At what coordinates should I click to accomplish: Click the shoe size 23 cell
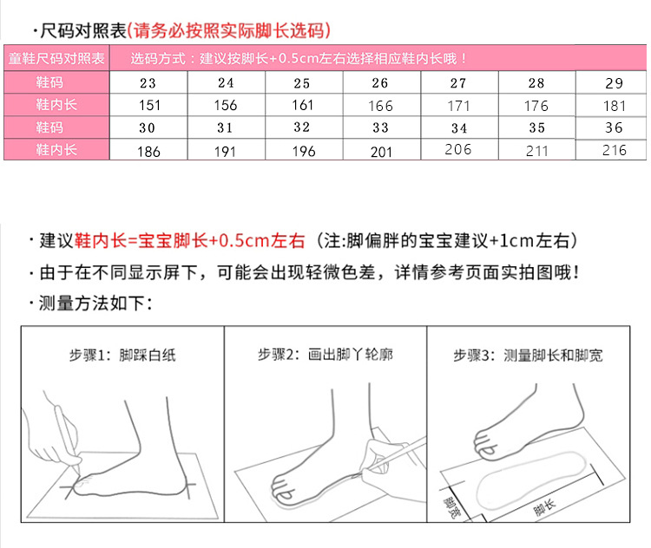pyautogui.click(x=148, y=83)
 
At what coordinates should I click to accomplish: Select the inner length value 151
pyautogui.click(x=148, y=106)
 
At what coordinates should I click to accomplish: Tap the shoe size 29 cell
pyautogui.click(x=614, y=84)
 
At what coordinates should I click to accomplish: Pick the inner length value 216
pyautogui.click(x=614, y=150)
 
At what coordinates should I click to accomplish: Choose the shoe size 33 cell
pyautogui.click(x=380, y=127)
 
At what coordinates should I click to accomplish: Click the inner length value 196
pyautogui.click(x=303, y=150)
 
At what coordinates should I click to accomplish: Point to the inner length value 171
pyautogui.click(x=458, y=106)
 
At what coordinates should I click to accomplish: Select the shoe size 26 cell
pyautogui.click(x=380, y=83)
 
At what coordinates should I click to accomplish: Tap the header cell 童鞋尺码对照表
pyautogui.click(x=56, y=59)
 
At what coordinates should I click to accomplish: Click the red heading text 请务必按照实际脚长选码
pyautogui.click(x=229, y=31)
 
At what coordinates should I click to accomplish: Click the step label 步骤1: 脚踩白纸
pyautogui.click(x=122, y=355)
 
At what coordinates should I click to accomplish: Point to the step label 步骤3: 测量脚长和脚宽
pyautogui.click(x=528, y=355)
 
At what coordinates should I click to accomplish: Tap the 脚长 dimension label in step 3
pyautogui.click(x=544, y=507)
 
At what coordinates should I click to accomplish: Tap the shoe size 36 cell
pyautogui.click(x=614, y=127)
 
